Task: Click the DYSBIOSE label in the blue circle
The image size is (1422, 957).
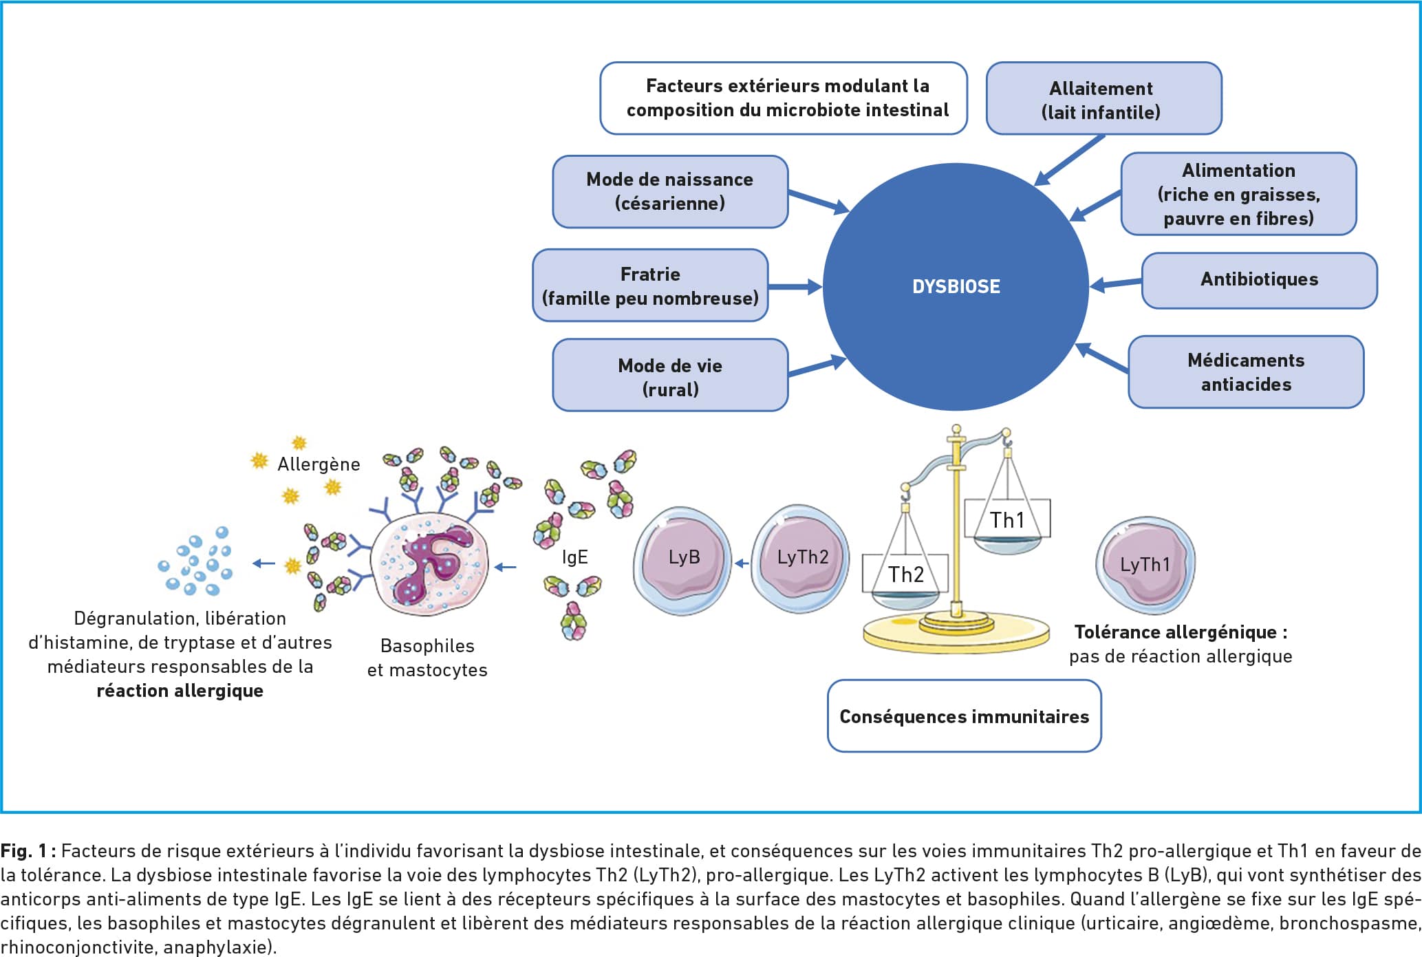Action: click(956, 286)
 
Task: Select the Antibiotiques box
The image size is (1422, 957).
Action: click(1259, 280)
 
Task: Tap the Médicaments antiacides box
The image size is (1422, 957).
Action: click(1246, 372)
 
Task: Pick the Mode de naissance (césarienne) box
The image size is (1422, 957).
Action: click(670, 191)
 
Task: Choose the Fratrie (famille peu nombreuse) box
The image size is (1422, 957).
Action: click(650, 285)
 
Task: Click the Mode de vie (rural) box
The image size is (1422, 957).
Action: click(670, 375)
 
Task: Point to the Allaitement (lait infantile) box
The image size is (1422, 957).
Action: click(1103, 98)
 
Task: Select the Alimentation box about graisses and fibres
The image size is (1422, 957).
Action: click(1238, 194)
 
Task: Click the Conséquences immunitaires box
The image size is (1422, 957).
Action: click(964, 716)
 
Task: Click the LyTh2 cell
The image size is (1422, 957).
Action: click(801, 558)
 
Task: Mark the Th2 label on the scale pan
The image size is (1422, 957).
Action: click(905, 574)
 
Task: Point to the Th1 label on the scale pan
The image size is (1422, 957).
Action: click(1007, 520)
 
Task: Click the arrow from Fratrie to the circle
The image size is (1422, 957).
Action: click(795, 287)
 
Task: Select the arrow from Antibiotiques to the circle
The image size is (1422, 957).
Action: click(1116, 283)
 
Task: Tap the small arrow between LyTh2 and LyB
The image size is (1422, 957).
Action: click(742, 563)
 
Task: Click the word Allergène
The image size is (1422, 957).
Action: click(319, 464)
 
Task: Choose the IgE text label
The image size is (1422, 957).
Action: click(574, 557)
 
